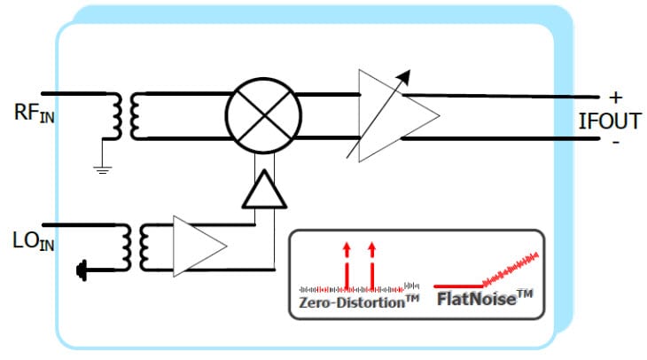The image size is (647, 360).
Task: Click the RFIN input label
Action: pyautogui.click(x=33, y=114)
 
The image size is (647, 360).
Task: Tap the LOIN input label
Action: pyautogui.click(x=33, y=242)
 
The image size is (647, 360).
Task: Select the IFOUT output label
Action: pyautogui.click(x=609, y=121)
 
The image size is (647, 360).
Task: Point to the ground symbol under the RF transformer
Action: pyautogui.click(x=104, y=168)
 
